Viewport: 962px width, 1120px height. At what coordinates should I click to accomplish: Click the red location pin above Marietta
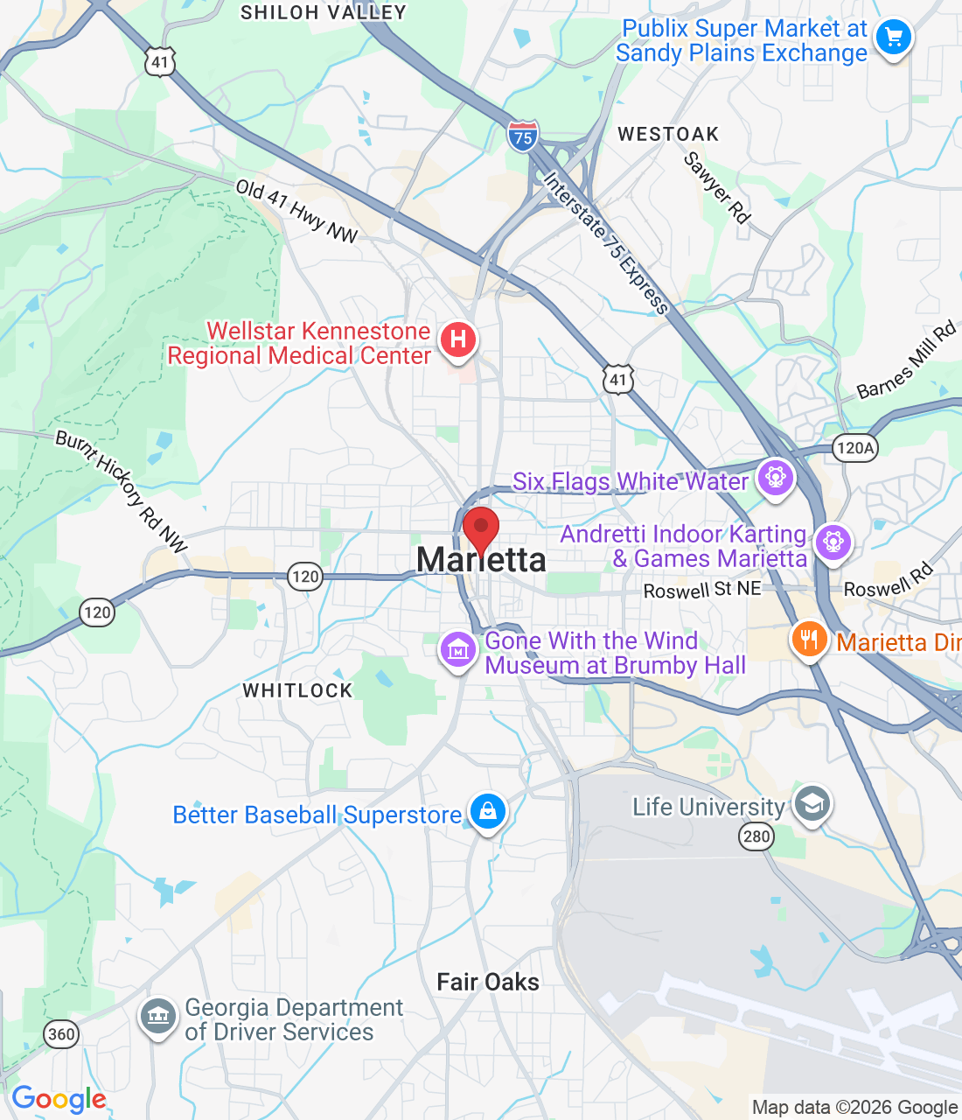pos(480,528)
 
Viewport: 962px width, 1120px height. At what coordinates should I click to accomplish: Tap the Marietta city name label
pos(481,560)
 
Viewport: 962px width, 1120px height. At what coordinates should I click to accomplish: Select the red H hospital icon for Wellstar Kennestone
pos(457,339)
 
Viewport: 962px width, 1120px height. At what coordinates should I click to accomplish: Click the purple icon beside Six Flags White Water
pos(775,478)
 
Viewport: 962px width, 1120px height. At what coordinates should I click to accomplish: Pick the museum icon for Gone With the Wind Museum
pos(457,650)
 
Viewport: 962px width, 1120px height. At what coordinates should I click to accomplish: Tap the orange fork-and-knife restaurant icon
pos(809,640)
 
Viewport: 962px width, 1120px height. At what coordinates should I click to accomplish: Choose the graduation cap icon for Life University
pos(812,804)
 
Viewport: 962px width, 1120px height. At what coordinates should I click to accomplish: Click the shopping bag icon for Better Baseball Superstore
pos(487,811)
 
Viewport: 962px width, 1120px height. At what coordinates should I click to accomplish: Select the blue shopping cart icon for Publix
pos(893,38)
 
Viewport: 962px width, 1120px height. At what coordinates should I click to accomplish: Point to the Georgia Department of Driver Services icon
pos(158,1018)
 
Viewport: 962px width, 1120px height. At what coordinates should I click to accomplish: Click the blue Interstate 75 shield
pos(522,137)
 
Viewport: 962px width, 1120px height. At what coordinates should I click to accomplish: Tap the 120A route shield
pos(854,449)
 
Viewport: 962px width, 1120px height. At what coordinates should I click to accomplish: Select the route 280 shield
pos(756,836)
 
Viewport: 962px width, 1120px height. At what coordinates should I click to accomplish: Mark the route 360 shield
pos(61,1034)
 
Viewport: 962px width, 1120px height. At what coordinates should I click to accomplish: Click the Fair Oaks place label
pos(488,982)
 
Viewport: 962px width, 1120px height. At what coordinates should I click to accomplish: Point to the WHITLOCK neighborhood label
pos(297,690)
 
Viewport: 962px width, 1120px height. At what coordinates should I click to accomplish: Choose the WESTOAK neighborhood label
pos(668,134)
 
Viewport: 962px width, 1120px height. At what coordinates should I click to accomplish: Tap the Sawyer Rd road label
pos(717,188)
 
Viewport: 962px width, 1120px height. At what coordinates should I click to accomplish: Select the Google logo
pos(59,1099)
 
